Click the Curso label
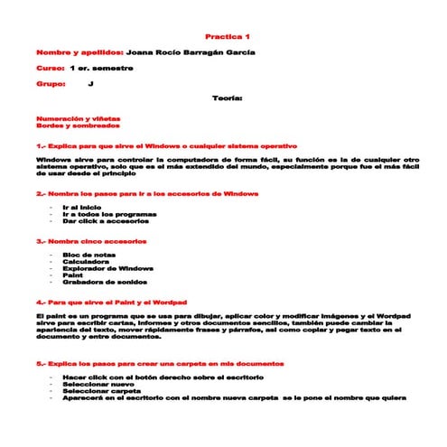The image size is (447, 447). point(50,68)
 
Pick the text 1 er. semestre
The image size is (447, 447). point(101,68)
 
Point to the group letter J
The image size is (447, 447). point(91,83)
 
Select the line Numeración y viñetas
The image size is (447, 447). point(78,118)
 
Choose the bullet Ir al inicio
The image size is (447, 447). point(82,207)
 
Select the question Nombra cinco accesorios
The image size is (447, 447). point(91,242)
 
